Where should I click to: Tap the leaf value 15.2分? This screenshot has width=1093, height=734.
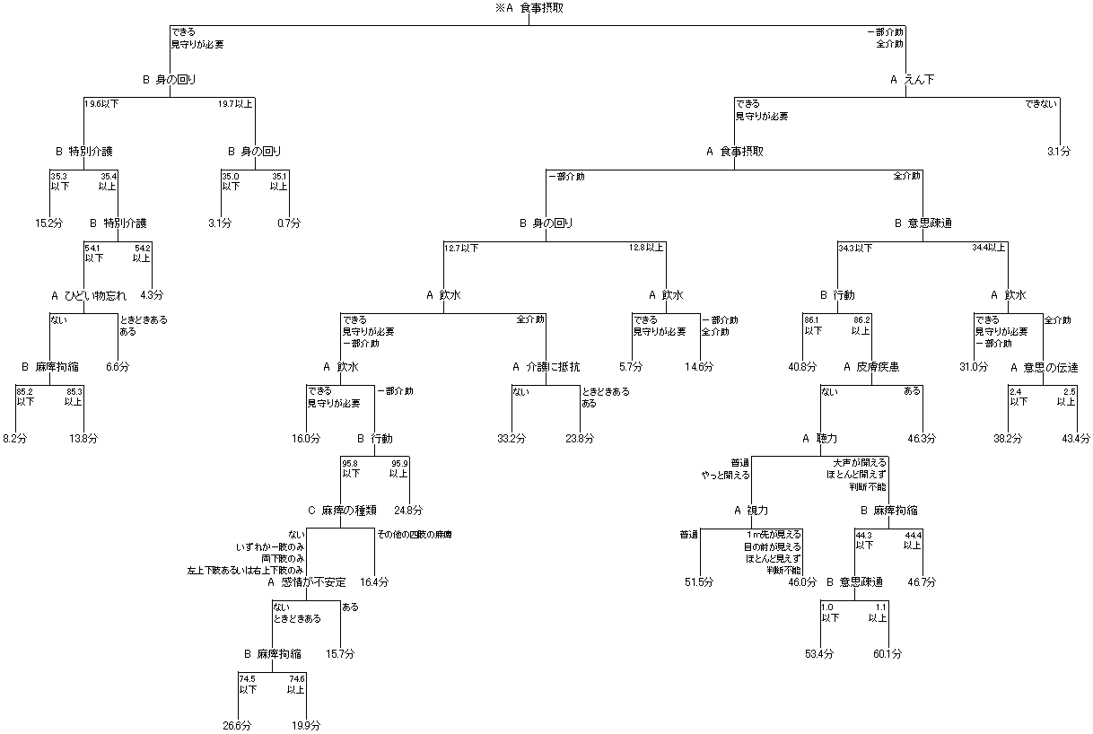pyautogui.click(x=48, y=223)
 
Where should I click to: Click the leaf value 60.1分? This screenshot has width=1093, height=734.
pyautogui.click(x=888, y=653)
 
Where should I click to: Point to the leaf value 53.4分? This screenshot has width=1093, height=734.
pyautogui.click(x=818, y=653)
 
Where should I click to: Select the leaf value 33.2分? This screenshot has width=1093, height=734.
pyautogui.click(x=511, y=439)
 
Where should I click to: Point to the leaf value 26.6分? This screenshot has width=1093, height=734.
pyautogui.click(x=238, y=725)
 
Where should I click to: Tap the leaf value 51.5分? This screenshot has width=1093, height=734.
pyautogui.click(x=699, y=582)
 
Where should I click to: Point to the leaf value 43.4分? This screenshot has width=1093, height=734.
pyautogui.click(x=1075, y=439)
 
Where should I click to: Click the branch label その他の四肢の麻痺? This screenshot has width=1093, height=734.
pyautogui.click(x=414, y=535)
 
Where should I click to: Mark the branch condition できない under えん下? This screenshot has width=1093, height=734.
pyautogui.click(x=1042, y=104)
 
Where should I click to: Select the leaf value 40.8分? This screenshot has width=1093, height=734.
pyautogui.click(x=802, y=367)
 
